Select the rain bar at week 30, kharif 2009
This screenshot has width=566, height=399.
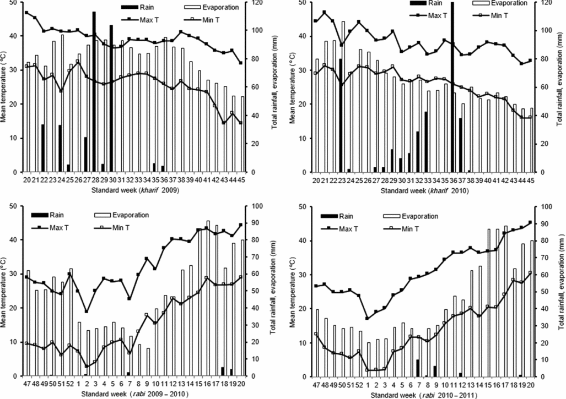pyautogui.click(x=111, y=99)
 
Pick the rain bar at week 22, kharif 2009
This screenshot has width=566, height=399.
pyautogui.click(x=42, y=148)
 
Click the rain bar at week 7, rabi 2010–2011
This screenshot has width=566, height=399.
pyautogui.click(x=418, y=368)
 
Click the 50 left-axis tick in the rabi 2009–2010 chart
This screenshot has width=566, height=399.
pyautogui.click(x=14, y=206)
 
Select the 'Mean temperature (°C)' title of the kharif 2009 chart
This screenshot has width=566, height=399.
pyautogui.click(x=5, y=88)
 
